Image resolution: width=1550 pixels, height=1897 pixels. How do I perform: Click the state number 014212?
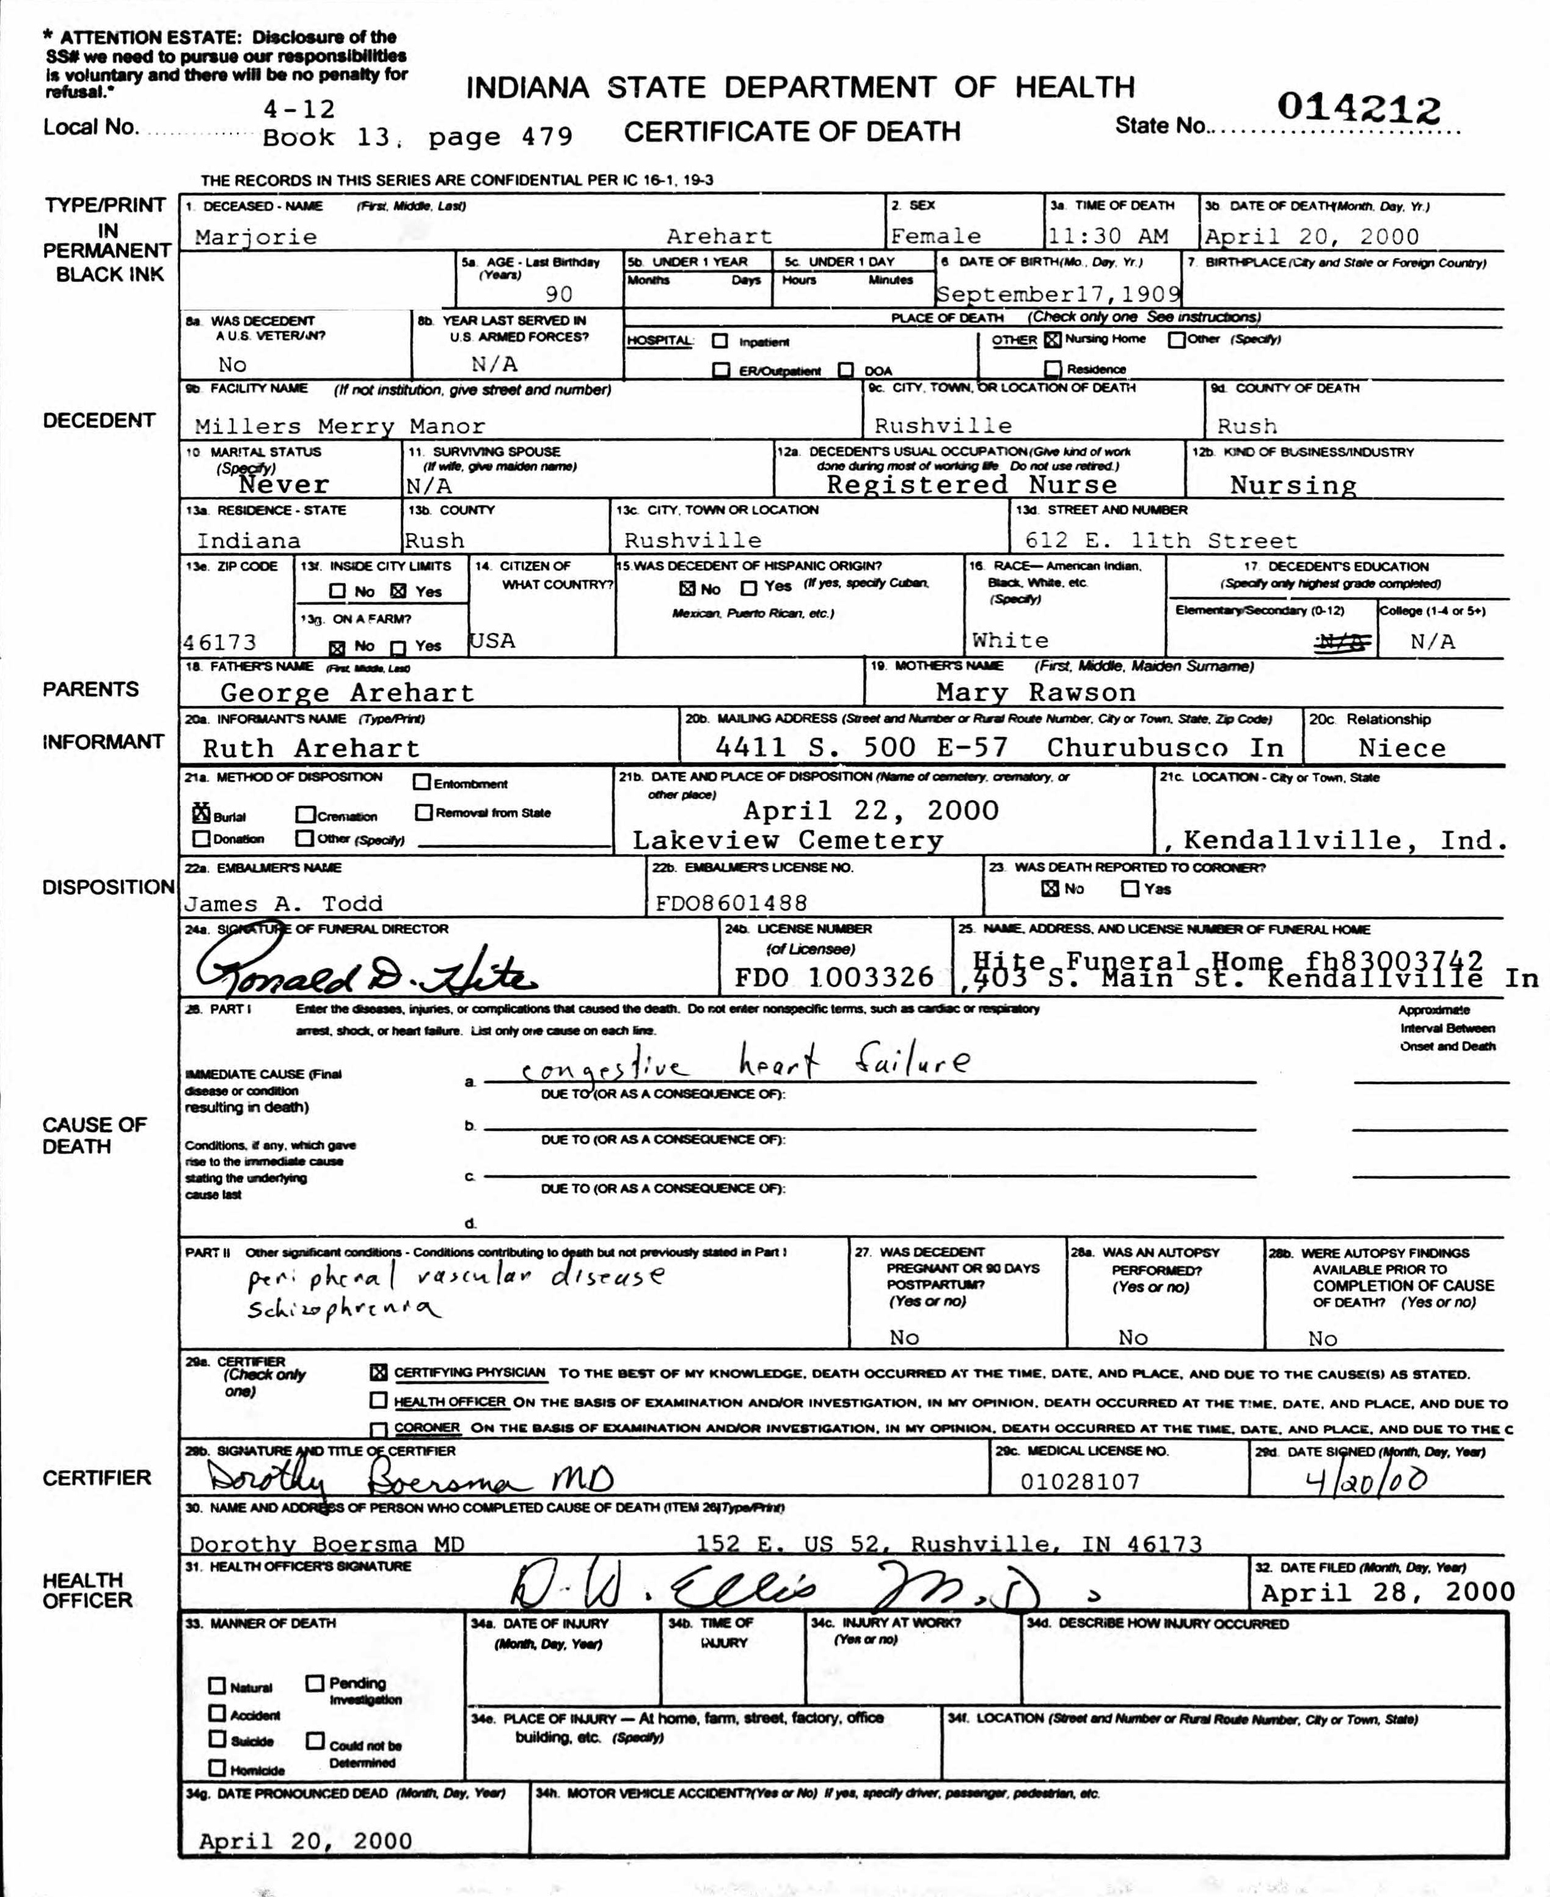1358,109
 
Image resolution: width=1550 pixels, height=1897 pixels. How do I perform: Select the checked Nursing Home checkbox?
1053,339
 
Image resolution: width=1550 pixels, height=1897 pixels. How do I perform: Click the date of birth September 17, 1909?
1058,294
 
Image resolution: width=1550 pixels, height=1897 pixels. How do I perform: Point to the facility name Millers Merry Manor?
339,426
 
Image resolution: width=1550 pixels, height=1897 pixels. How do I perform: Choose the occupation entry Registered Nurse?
971,484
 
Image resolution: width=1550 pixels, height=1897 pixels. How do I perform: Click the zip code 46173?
220,642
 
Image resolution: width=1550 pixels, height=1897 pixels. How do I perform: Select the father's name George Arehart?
346,693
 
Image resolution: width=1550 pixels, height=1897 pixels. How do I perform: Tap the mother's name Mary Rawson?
1036,693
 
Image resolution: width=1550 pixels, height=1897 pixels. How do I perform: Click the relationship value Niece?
1401,748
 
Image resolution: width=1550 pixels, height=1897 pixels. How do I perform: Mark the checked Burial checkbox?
202,814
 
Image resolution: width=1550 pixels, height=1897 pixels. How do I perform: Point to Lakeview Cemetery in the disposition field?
788,840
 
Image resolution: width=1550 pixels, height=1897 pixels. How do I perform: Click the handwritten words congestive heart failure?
745,1064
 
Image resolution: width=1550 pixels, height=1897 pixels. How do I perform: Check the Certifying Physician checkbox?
379,1373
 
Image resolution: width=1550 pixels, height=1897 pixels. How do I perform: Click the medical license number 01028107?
1080,1482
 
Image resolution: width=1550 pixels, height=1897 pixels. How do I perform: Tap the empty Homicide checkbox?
217,1767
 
